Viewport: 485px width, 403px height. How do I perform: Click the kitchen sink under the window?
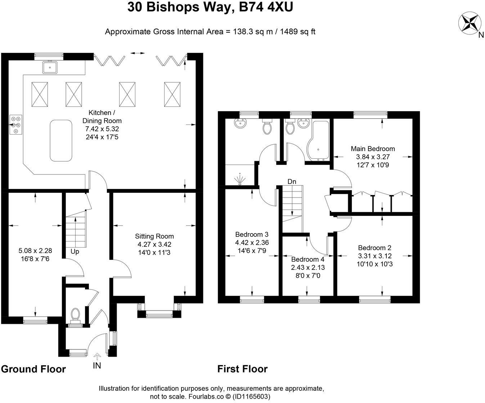(x=50, y=67)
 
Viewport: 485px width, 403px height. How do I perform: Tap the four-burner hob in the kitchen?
(x=16, y=124)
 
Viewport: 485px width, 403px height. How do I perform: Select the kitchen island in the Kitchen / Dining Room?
(x=61, y=140)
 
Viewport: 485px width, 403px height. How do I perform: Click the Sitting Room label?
(x=154, y=236)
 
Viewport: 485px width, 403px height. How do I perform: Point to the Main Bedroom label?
(x=373, y=149)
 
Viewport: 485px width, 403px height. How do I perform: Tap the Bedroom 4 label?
(x=308, y=259)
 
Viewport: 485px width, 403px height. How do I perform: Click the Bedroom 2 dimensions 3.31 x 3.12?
(x=375, y=256)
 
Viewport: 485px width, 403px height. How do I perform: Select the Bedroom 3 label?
(x=252, y=234)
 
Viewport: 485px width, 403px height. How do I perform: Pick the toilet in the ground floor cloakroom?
(x=75, y=315)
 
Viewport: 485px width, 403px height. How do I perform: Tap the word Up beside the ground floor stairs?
(x=75, y=252)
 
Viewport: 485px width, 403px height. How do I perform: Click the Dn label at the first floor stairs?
(x=292, y=182)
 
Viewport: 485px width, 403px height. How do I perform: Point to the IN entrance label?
(x=97, y=366)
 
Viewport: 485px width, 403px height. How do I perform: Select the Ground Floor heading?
(x=33, y=369)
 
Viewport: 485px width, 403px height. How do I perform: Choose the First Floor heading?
(x=243, y=369)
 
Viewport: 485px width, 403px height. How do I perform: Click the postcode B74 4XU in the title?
(x=266, y=7)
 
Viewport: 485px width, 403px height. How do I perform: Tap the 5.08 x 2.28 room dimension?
(x=35, y=250)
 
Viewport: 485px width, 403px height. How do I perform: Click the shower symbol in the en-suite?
(x=240, y=179)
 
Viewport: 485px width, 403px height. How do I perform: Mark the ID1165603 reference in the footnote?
(x=251, y=396)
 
